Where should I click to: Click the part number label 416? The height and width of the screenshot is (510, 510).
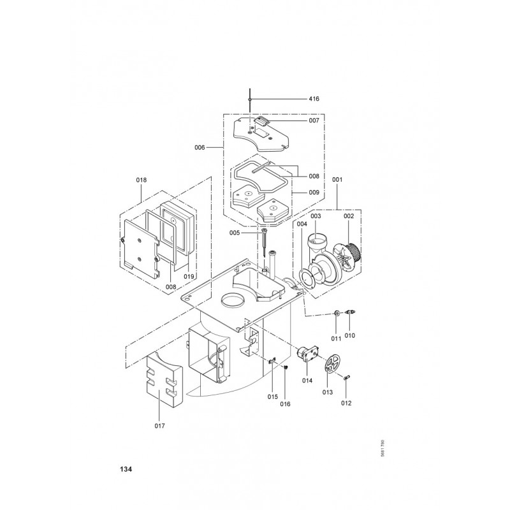point(314,99)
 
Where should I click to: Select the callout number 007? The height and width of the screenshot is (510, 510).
point(314,120)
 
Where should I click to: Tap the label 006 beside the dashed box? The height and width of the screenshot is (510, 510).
point(200,148)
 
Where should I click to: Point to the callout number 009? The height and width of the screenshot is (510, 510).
point(314,193)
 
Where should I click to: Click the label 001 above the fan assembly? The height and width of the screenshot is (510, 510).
point(337,179)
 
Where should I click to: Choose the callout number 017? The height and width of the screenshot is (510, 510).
point(160,426)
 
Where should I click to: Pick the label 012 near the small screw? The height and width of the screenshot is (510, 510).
point(346,403)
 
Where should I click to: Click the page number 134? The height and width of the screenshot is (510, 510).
point(126,469)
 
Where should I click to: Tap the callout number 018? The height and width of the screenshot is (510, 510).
point(141,180)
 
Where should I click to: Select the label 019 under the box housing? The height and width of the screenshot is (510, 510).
point(189,277)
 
